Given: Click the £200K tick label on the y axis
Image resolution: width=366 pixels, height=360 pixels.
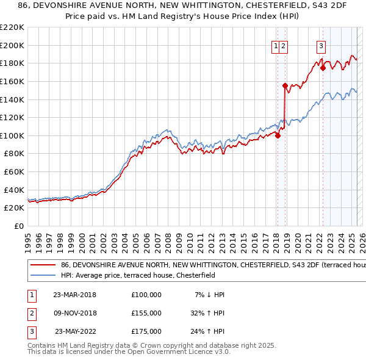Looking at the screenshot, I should click(x=12, y=45).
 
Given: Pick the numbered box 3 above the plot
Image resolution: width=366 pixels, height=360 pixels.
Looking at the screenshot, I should click(x=321, y=45).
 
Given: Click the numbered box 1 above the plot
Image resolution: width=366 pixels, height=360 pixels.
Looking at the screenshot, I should click(x=276, y=45).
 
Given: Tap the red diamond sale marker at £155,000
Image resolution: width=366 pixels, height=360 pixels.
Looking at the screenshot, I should click(x=285, y=86).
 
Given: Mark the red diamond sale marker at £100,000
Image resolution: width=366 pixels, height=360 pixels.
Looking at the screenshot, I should click(x=278, y=135).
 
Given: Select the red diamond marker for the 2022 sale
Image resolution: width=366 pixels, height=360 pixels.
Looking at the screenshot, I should click(x=323, y=68).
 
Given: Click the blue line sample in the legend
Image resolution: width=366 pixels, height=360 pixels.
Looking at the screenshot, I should click(x=43, y=275).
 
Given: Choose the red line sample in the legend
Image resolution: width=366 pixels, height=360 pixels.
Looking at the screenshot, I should click(x=43, y=265).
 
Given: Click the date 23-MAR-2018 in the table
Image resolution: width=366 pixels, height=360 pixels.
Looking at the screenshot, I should click(x=75, y=295).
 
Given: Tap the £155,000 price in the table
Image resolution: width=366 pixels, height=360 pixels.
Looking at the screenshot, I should click(x=146, y=313).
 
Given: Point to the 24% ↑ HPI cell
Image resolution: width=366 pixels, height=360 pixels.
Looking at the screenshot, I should click(x=207, y=331).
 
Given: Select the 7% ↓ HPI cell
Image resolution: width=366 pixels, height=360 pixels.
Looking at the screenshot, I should click(x=210, y=295).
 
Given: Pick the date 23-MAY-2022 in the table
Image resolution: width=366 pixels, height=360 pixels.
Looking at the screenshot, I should click(x=75, y=331).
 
